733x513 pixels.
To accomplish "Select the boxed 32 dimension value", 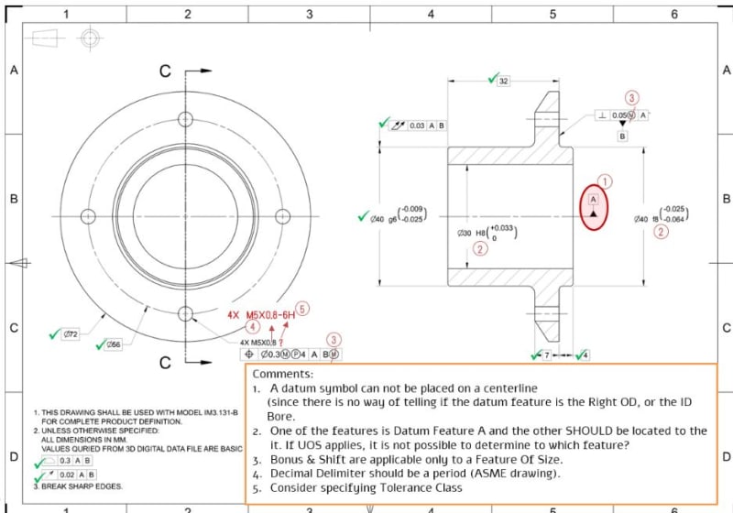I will point(503,82).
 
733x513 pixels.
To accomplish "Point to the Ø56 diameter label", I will point(114,345).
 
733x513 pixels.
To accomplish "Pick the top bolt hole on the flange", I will point(186,119).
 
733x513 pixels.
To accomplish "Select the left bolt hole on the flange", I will point(89,217).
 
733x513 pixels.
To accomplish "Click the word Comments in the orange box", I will point(282,374).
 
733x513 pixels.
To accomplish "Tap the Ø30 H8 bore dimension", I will point(486,233).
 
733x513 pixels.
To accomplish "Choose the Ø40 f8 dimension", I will point(661,218).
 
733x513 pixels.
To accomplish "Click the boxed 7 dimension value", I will point(546,355).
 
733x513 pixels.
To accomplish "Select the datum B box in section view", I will point(623,136).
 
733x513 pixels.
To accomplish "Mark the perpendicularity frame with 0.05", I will point(622,115).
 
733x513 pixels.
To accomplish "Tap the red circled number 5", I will point(302,310).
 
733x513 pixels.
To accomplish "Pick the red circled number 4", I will point(251,325).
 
